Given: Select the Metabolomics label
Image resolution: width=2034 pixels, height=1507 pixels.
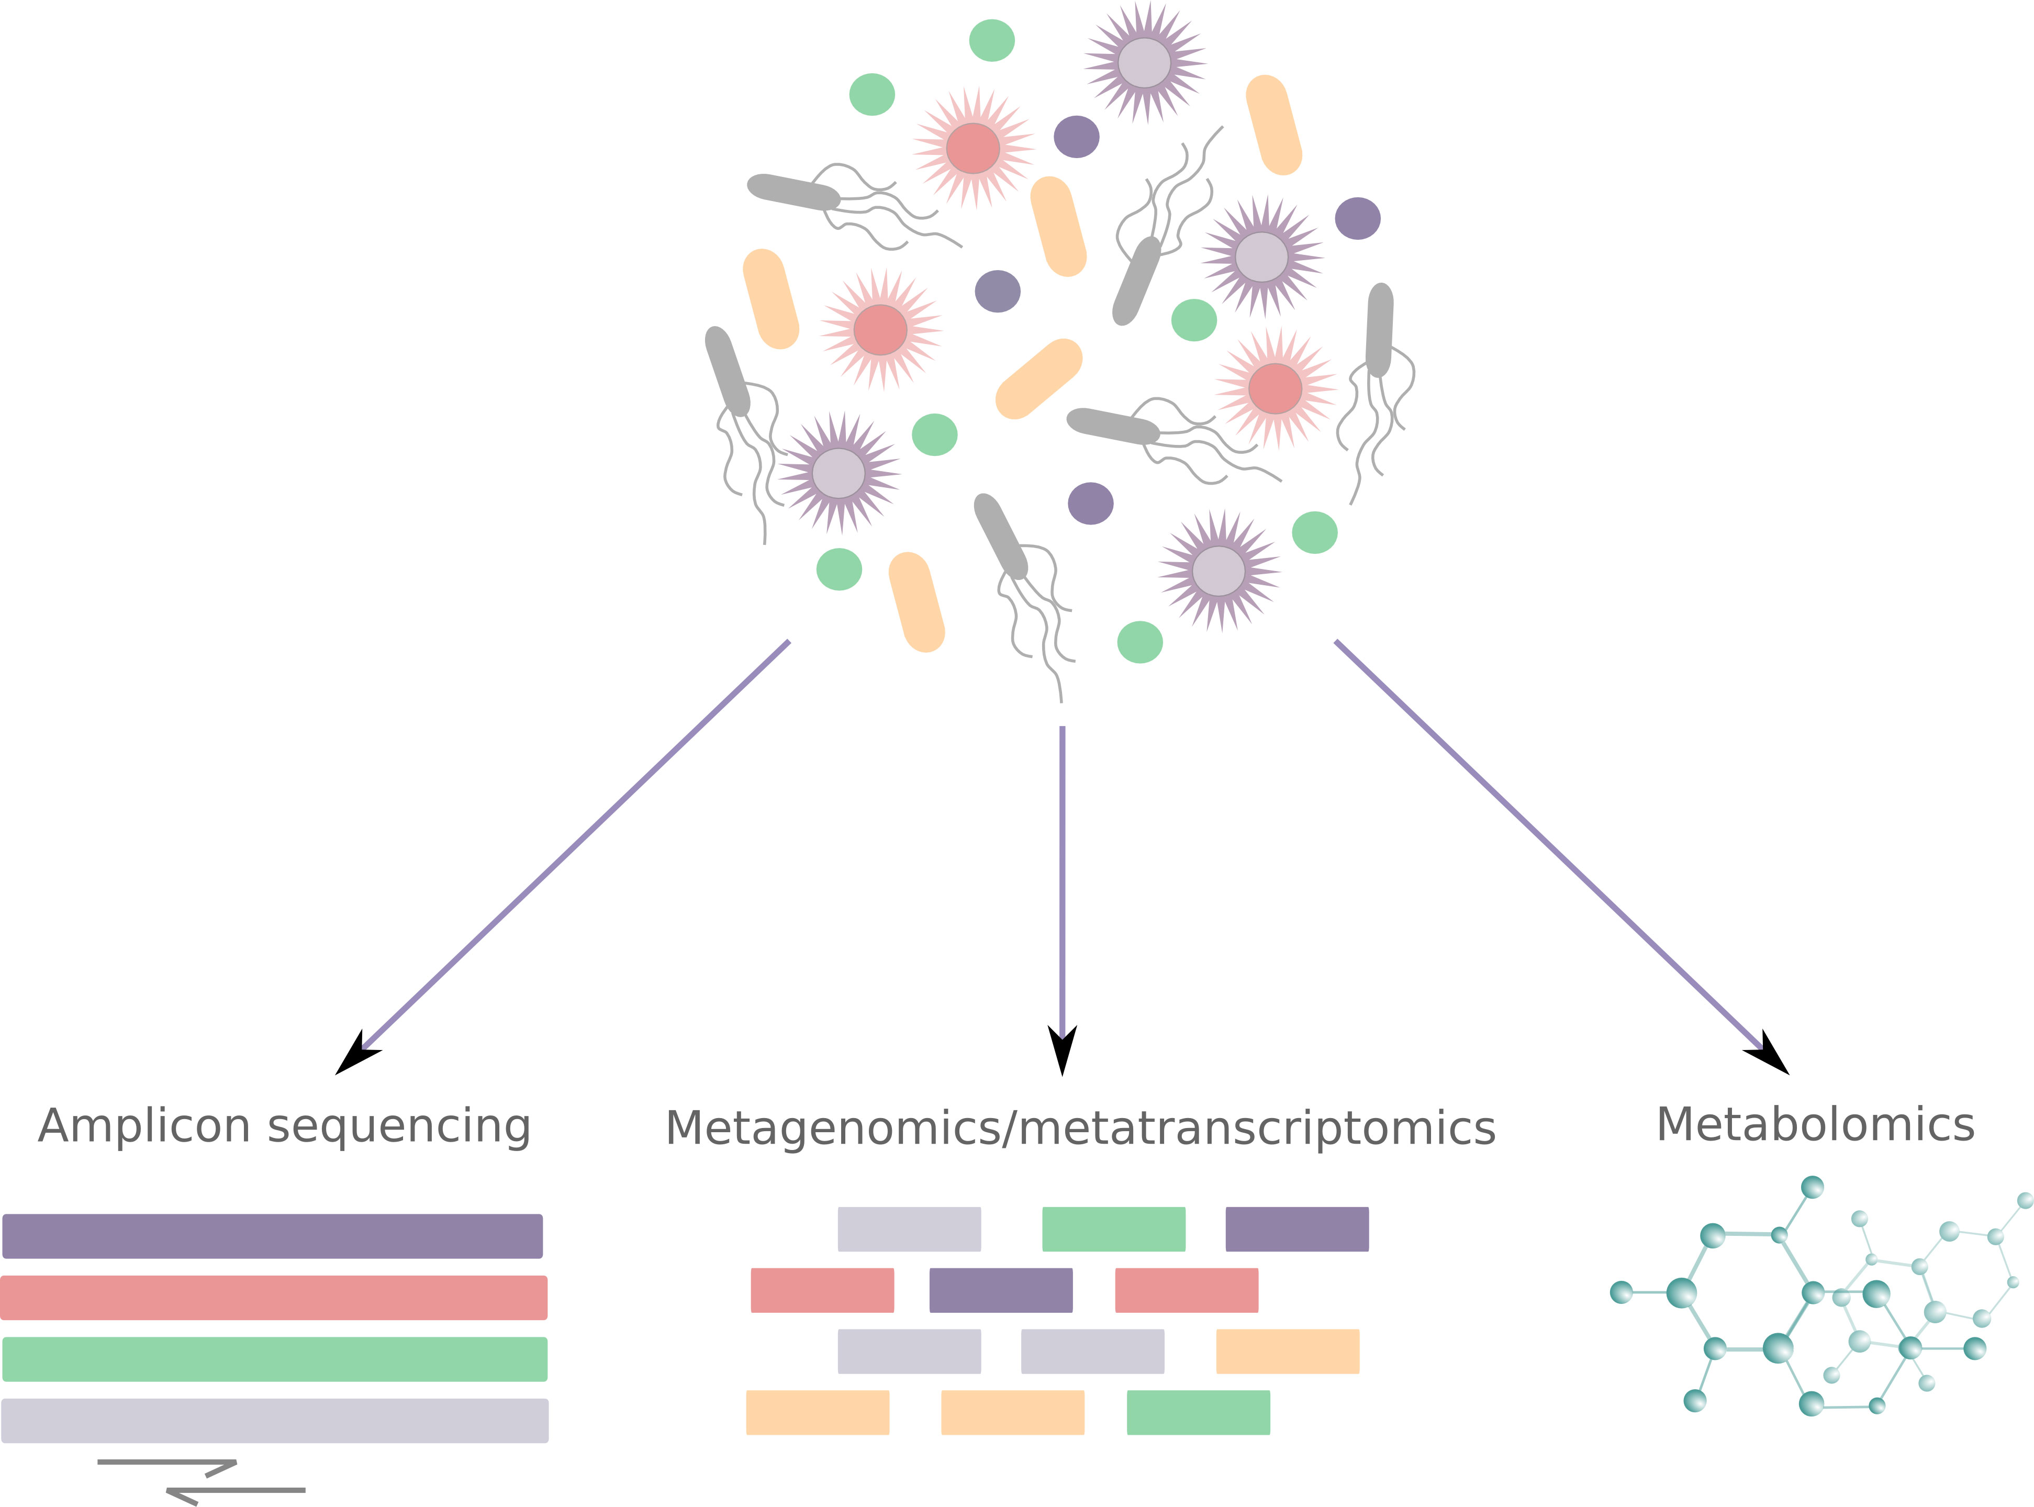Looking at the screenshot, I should click(x=1815, y=1125).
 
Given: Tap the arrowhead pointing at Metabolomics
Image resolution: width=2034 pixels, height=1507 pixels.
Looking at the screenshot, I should click(x=1770, y=1055).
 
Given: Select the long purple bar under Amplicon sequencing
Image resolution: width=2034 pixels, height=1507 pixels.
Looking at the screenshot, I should click(x=273, y=1236).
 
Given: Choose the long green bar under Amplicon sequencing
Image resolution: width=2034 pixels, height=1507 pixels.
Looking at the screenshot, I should click(x=275, y=1359).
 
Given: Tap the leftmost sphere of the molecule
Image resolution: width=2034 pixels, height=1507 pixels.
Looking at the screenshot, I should click(x=1621, y=1292).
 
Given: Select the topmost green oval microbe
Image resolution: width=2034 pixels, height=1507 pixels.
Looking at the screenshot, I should click(x=991, y=40).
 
